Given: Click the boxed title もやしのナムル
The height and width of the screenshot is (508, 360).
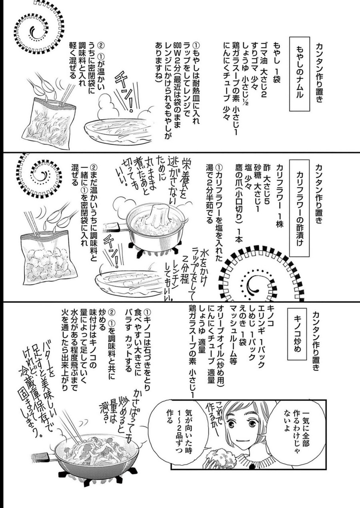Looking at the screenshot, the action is (x=299, y=74).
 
